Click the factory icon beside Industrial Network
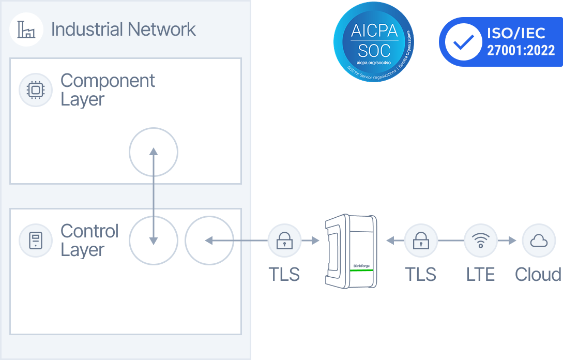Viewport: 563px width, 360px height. click(x=26, y=29)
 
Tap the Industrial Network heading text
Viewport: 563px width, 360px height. click(x=124, y=29)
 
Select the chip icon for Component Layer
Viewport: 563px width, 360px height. click(x=36, y=90)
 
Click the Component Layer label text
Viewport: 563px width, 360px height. click(x=108, y=90)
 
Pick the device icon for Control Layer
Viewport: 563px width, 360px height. click(x=36, y=241)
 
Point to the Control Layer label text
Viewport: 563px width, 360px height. click(x=89, y=241)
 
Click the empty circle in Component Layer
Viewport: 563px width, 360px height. click(x=153, y=153)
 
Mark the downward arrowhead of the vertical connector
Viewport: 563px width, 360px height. click(x=153, y=241)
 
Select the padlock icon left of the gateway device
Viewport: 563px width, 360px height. click(x=284, y=241)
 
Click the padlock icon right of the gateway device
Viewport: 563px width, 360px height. click(x=421, y=241)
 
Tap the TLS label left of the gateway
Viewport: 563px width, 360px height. click(x=284, y=274)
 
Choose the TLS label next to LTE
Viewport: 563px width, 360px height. click(x=421, y=274)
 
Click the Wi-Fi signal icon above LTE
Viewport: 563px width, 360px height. click(x=481, y=241)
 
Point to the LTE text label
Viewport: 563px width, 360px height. click(x=481, y=274)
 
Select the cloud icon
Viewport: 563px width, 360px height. click(x=539, y=241)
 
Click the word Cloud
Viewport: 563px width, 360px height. click(x=538, y=274)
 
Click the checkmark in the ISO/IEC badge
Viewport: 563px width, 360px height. click(x=463, y=42)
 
